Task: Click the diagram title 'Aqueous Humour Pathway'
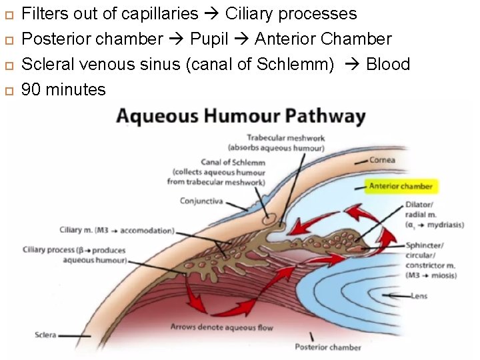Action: point(241,117)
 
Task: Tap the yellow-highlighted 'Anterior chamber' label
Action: point(401,186)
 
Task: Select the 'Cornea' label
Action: point(383,160)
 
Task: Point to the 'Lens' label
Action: point(419,295)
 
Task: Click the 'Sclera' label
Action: point(46,334)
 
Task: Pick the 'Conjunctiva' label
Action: point(201,200)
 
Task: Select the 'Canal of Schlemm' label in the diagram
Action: point(233,162)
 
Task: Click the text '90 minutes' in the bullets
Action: point(64,89)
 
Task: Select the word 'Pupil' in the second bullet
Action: point(209,39)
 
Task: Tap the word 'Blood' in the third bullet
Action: point(388,64)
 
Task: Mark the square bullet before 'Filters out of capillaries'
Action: point(8,14)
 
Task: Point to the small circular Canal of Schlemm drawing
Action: point(270,217)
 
